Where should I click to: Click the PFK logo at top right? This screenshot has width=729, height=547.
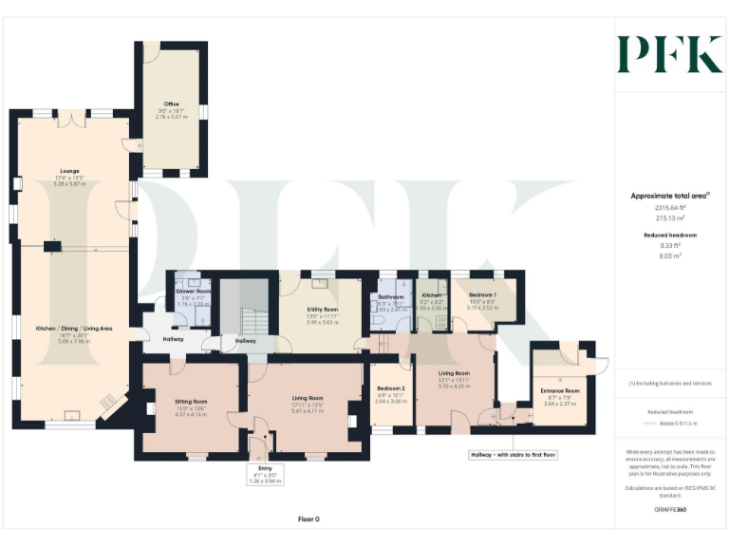tap(669, 54)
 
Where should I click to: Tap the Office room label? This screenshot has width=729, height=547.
tap(171, 104)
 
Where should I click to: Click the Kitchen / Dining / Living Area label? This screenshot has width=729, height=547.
tap(74, 328)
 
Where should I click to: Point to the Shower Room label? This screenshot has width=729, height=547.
tap(193, 291)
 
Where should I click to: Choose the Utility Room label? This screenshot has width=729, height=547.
tap(323, 310)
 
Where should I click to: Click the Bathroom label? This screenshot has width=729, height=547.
tap(391, 296)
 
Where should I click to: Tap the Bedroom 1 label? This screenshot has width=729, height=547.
tap(483, 294)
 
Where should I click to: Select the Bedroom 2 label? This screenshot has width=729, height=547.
tap(391, 388)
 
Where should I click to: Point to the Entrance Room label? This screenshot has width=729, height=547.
tap(559, 390)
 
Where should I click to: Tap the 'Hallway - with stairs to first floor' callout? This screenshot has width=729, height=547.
tap(513, 455)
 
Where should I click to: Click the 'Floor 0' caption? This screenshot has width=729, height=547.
tap(308, 519)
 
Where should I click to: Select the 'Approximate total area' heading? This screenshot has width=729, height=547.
tap(668, 196)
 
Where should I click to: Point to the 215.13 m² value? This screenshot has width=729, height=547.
tap(669, 217)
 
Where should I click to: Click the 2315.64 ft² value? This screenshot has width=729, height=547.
tap(669, 207)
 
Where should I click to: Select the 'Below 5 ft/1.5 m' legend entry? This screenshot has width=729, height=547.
tap(675, 424)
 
